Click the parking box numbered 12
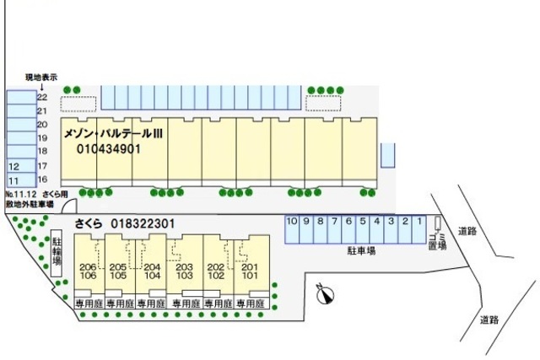14,167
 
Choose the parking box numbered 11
14,180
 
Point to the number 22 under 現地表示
42,98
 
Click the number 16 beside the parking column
42,180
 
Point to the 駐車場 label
361,250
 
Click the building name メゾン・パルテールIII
113,134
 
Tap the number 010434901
108,149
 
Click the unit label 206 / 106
87,271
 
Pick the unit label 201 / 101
249,271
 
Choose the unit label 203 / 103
185,271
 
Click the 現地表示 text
40,77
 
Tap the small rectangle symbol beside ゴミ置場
438,224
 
